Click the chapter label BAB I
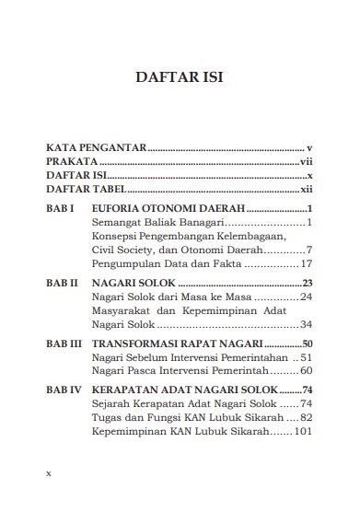[x=60, y=209]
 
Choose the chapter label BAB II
[x=62, y=283]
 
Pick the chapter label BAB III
[x=64, y=343]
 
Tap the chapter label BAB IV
[x=64, y=390]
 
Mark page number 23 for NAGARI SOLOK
[x=308, y=283]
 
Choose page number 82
[x=306, y=417]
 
